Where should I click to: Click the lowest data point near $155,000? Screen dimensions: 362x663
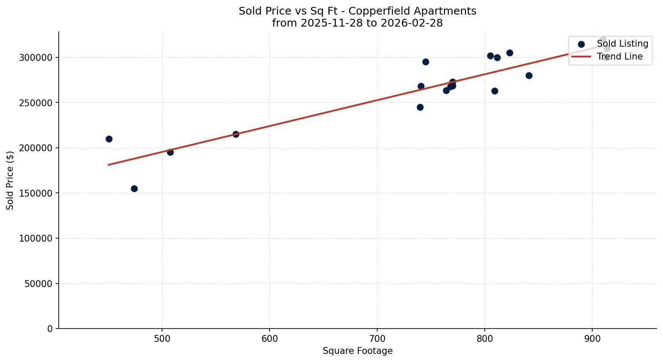tap(134, 188)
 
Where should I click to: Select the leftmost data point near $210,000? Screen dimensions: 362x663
tap(109, 139)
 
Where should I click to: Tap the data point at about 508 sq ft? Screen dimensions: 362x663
tap(170, 152)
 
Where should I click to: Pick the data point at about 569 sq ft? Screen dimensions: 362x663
tap(236, 134)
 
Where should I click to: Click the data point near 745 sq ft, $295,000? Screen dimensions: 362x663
tap(426, 62)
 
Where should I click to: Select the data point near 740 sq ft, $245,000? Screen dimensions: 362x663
tap(420, 107)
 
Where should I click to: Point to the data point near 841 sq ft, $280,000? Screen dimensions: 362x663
tap(529, 75)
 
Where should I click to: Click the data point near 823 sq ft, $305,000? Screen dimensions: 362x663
tap(510, 53)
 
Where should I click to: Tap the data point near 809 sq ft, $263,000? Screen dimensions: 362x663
tap(495, 91)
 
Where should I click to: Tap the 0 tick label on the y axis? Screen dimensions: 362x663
tap(50, 329)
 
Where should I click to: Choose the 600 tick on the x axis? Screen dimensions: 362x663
tap(270, 338)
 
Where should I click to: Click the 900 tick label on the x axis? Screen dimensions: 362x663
tap(592, 338)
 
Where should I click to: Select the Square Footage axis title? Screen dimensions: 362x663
tap(357, 351)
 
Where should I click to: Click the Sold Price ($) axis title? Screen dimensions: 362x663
tap(10, 180)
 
